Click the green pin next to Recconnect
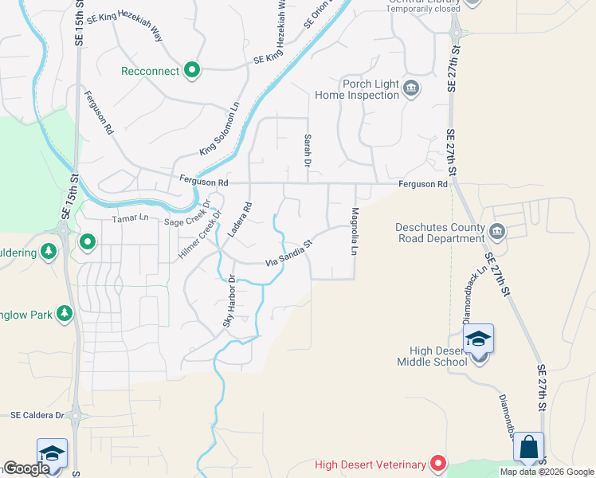point(191,72)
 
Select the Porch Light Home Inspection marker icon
point(411,88)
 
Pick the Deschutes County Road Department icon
point(497,232)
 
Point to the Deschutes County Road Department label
point(440,232)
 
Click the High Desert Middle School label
point(432,356)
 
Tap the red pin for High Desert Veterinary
point(437,463)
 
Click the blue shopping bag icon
point(529,448)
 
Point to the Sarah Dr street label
point(307,150)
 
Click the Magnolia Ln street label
point(354,231)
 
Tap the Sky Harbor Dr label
point(229,301)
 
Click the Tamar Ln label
point(131,217)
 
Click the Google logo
point(27,469)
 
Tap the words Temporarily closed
point(418,10)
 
